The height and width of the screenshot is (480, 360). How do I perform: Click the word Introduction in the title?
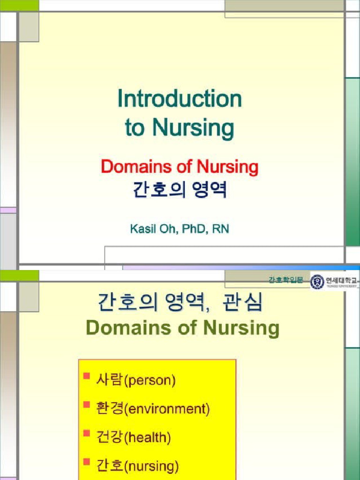point(180,99)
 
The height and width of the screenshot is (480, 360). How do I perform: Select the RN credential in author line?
point(220,229)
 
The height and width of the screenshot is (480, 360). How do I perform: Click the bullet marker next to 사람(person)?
point(86,376)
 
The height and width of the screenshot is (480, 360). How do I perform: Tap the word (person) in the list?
point(150,380)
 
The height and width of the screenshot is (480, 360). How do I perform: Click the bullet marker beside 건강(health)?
point(86,434)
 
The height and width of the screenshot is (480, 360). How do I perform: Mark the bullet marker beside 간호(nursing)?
point(86,462)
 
